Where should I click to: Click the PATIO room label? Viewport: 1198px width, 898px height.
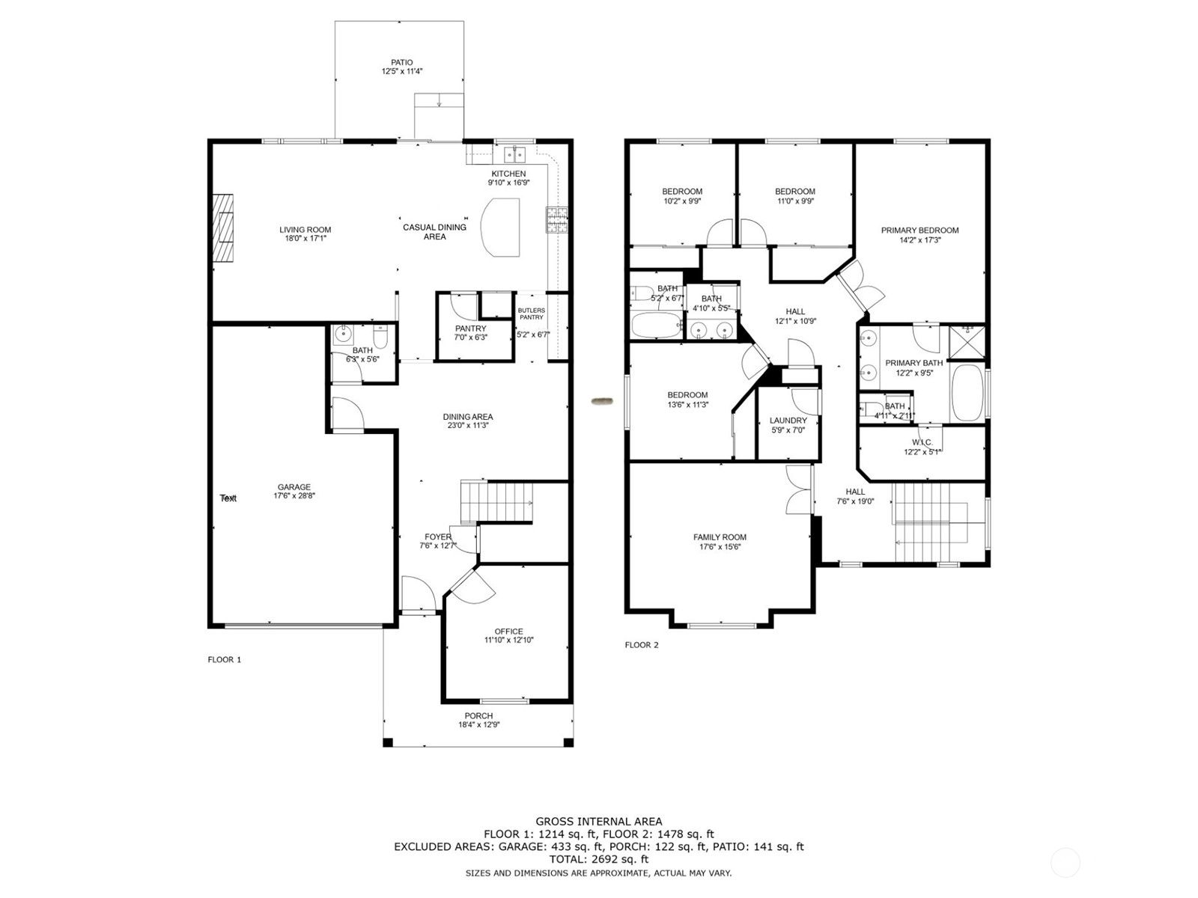(401, 63)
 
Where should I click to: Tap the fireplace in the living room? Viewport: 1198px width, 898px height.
(222, 229)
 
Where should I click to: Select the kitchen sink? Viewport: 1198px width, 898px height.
(514, 155)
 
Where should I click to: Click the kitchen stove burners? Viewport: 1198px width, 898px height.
(557, 220)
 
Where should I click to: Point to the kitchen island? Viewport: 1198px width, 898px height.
(500, 227)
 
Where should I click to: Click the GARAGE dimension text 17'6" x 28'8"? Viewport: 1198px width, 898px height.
(294, 496)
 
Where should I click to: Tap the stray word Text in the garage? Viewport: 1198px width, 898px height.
(228, 498)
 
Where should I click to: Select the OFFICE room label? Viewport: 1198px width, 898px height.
(508, 632)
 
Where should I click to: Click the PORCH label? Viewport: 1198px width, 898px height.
(478, 716)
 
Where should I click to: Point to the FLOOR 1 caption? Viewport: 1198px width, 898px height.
(225, 660)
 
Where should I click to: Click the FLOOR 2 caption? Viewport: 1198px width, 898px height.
(642, 645)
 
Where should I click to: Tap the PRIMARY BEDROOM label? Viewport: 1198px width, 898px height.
(919, 230)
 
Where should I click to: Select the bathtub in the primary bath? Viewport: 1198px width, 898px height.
(967, 393)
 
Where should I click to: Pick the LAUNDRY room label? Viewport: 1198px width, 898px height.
(788, 421)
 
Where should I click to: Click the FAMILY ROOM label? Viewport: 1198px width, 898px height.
(720, 537)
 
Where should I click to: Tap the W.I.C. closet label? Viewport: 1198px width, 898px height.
(922, 442)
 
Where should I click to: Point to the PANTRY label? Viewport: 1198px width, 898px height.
(470, 329)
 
